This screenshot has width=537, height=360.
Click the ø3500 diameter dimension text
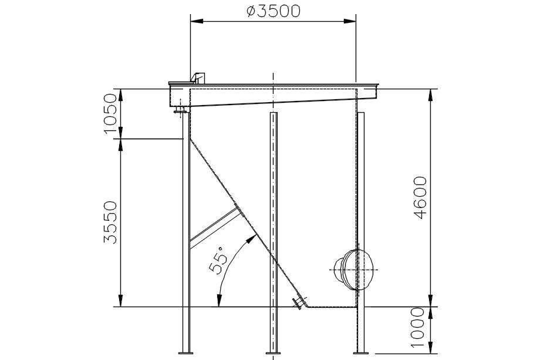(273, 11)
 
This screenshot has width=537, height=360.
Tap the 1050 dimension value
(110, 113)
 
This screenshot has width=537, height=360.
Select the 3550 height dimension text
(110, 223)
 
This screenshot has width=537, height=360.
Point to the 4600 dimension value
(420, 198)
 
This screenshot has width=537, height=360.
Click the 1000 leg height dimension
(418, 328)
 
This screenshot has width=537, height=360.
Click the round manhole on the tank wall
(353, 270)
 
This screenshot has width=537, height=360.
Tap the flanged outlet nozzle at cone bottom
(299, 302)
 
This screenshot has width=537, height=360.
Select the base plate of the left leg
(185, 352)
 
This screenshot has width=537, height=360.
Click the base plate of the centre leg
(273, 352)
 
